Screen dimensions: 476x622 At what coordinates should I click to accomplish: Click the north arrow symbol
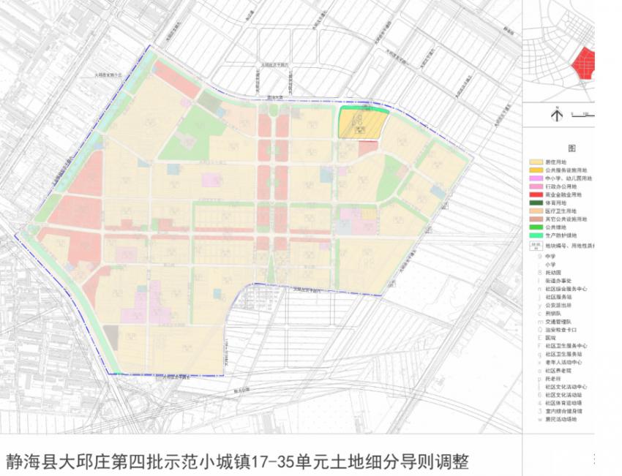point(556,114)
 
